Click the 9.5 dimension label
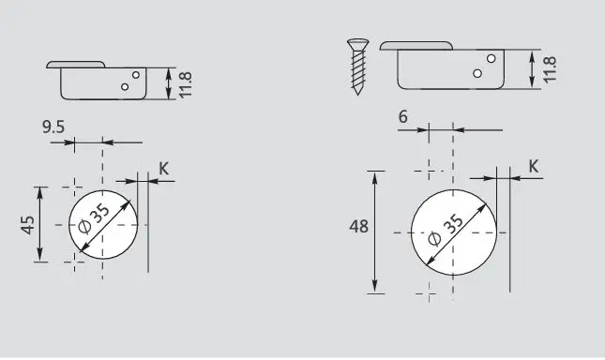click(x=53, y=127)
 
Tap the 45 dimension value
click(x=28, y=225)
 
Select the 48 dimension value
click(x=359, y=226)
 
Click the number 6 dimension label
click(x=402, y=117)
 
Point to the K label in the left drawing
click(x=164, y=169)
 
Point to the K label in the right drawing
click(x=533, y=167)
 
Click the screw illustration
click(x=357, y=67)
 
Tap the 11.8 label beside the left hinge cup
click(x=185, y=84)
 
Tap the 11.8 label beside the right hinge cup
click(x=550, y=69)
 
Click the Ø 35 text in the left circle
click(x=95, y=218)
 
